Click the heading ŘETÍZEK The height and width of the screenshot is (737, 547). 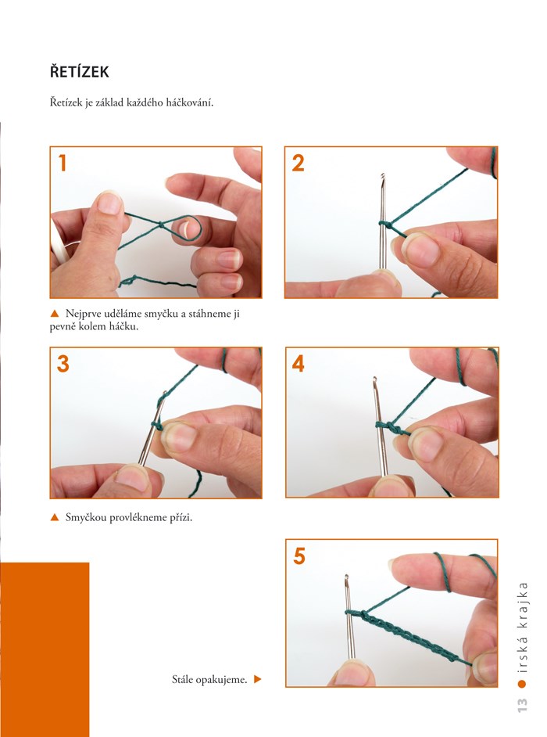(80, 71)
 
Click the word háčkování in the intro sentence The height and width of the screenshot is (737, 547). (190, 102)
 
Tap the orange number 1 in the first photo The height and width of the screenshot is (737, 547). (63, 163)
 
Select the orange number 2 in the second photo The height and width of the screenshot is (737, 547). (299, 163)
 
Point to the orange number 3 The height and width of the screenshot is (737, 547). (63, 364)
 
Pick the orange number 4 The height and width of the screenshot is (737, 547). (299, 364)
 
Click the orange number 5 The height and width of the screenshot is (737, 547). (299, 556)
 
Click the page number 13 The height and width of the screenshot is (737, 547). (522, 704)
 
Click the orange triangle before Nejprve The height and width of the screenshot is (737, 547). (55, 314)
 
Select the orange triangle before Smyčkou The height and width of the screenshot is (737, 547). (55, 517)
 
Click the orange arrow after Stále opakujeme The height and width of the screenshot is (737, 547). (257, 679)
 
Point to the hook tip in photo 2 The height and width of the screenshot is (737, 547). (383, 175)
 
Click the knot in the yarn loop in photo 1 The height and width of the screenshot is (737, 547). (161, 225)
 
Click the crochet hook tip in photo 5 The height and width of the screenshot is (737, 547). (346, 577)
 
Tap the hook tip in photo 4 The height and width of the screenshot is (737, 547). (374, 379)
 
